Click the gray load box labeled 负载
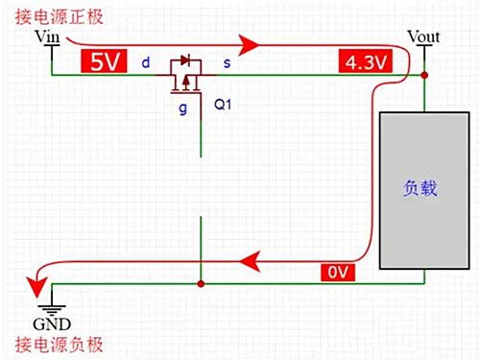(x=420, y=189)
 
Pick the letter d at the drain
(x=146, y=63)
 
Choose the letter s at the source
(x=228, y=63)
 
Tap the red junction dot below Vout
(x=424, y=74)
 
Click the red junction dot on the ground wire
(x=200, y=284)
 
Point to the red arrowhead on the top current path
(x=252, y=44)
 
